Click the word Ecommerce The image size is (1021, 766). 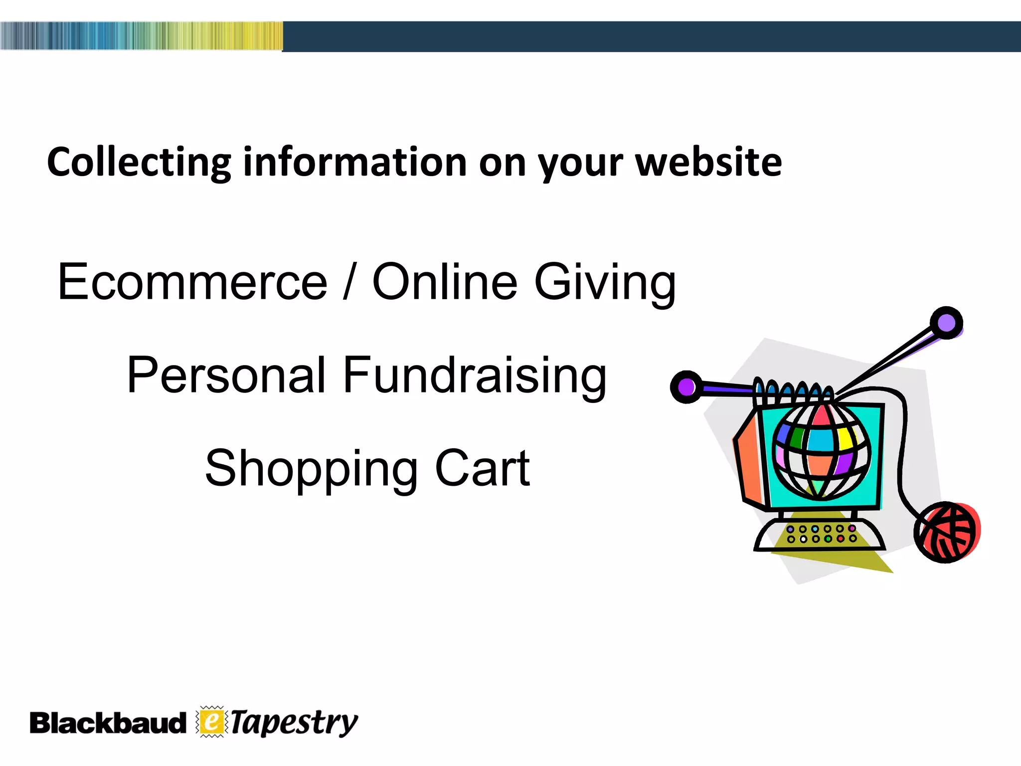point(192,282)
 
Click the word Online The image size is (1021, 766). point(445,282)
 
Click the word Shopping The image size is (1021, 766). point(312,469)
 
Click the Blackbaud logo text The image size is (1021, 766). point(107,723)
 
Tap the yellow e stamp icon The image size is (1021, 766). point(212,722)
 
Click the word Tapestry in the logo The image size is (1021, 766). point(294,723)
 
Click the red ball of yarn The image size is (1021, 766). point(947,532)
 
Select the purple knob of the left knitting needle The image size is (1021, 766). point(686,387)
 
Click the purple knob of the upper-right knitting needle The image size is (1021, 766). point(946,323)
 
